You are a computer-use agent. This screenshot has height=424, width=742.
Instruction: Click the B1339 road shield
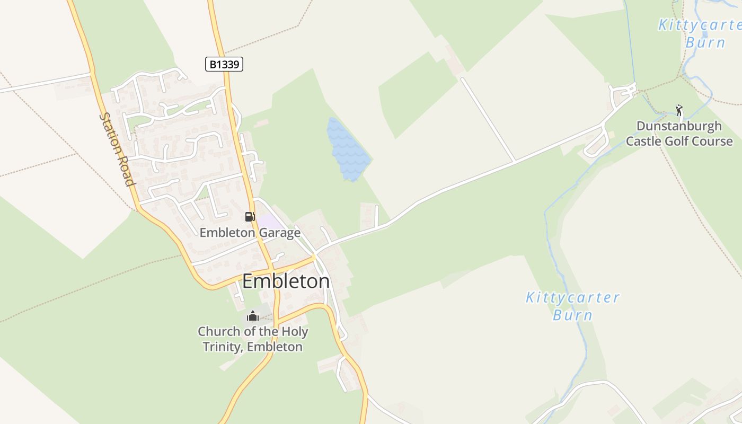coord(224,65)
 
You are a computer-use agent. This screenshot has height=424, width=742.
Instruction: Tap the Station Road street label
coord(116,149)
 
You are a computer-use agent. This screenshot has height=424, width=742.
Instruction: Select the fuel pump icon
coord(250,216)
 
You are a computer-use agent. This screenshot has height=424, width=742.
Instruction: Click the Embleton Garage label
coord(250,233)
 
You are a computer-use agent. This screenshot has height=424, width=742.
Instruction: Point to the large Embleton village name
coord(286,281)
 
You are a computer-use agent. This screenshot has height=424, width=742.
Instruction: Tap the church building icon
coord(253,316)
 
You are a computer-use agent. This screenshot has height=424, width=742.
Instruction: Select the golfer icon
coord(679,110)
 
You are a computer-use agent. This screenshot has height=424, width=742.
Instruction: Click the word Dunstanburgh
coord(679,126)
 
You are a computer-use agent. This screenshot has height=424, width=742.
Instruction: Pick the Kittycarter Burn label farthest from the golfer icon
coord(572,306)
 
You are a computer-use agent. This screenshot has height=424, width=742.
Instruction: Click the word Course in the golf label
coord(711,141)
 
